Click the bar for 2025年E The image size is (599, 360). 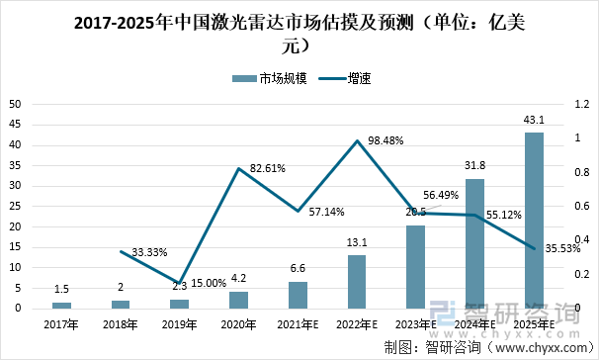tap(534, 220)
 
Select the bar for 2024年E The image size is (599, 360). tap(474, 243)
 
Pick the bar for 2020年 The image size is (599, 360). tap(238, 300)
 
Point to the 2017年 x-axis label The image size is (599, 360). tap(61, 323)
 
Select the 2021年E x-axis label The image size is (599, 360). tap(298, 323)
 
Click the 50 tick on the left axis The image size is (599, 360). tap(15, 104)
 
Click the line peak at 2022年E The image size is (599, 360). tap(357, 141)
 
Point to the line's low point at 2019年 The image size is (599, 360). tap(180, 283)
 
